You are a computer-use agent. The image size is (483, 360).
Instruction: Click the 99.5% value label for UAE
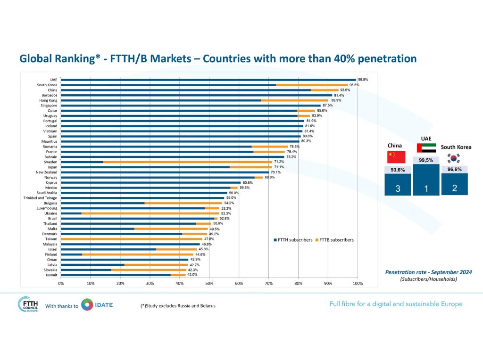click(363, 80)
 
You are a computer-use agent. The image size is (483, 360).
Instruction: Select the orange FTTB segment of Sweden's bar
click(186, 162)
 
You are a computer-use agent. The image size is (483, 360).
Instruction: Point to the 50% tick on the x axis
click(209, 283)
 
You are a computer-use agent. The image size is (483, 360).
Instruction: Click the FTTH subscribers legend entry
click(292, 240)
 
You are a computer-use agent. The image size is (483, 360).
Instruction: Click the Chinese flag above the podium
click(393, 156)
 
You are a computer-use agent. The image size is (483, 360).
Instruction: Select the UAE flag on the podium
click(426, 147)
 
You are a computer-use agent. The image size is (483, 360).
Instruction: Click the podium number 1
click(426, 189)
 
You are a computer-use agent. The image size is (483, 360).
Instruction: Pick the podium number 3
click(398, 189)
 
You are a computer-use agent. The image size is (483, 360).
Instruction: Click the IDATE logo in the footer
click(97, 305)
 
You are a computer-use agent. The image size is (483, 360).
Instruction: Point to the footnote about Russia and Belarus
click(178, 306)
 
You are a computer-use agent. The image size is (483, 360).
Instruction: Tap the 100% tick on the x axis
click(358, 283)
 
